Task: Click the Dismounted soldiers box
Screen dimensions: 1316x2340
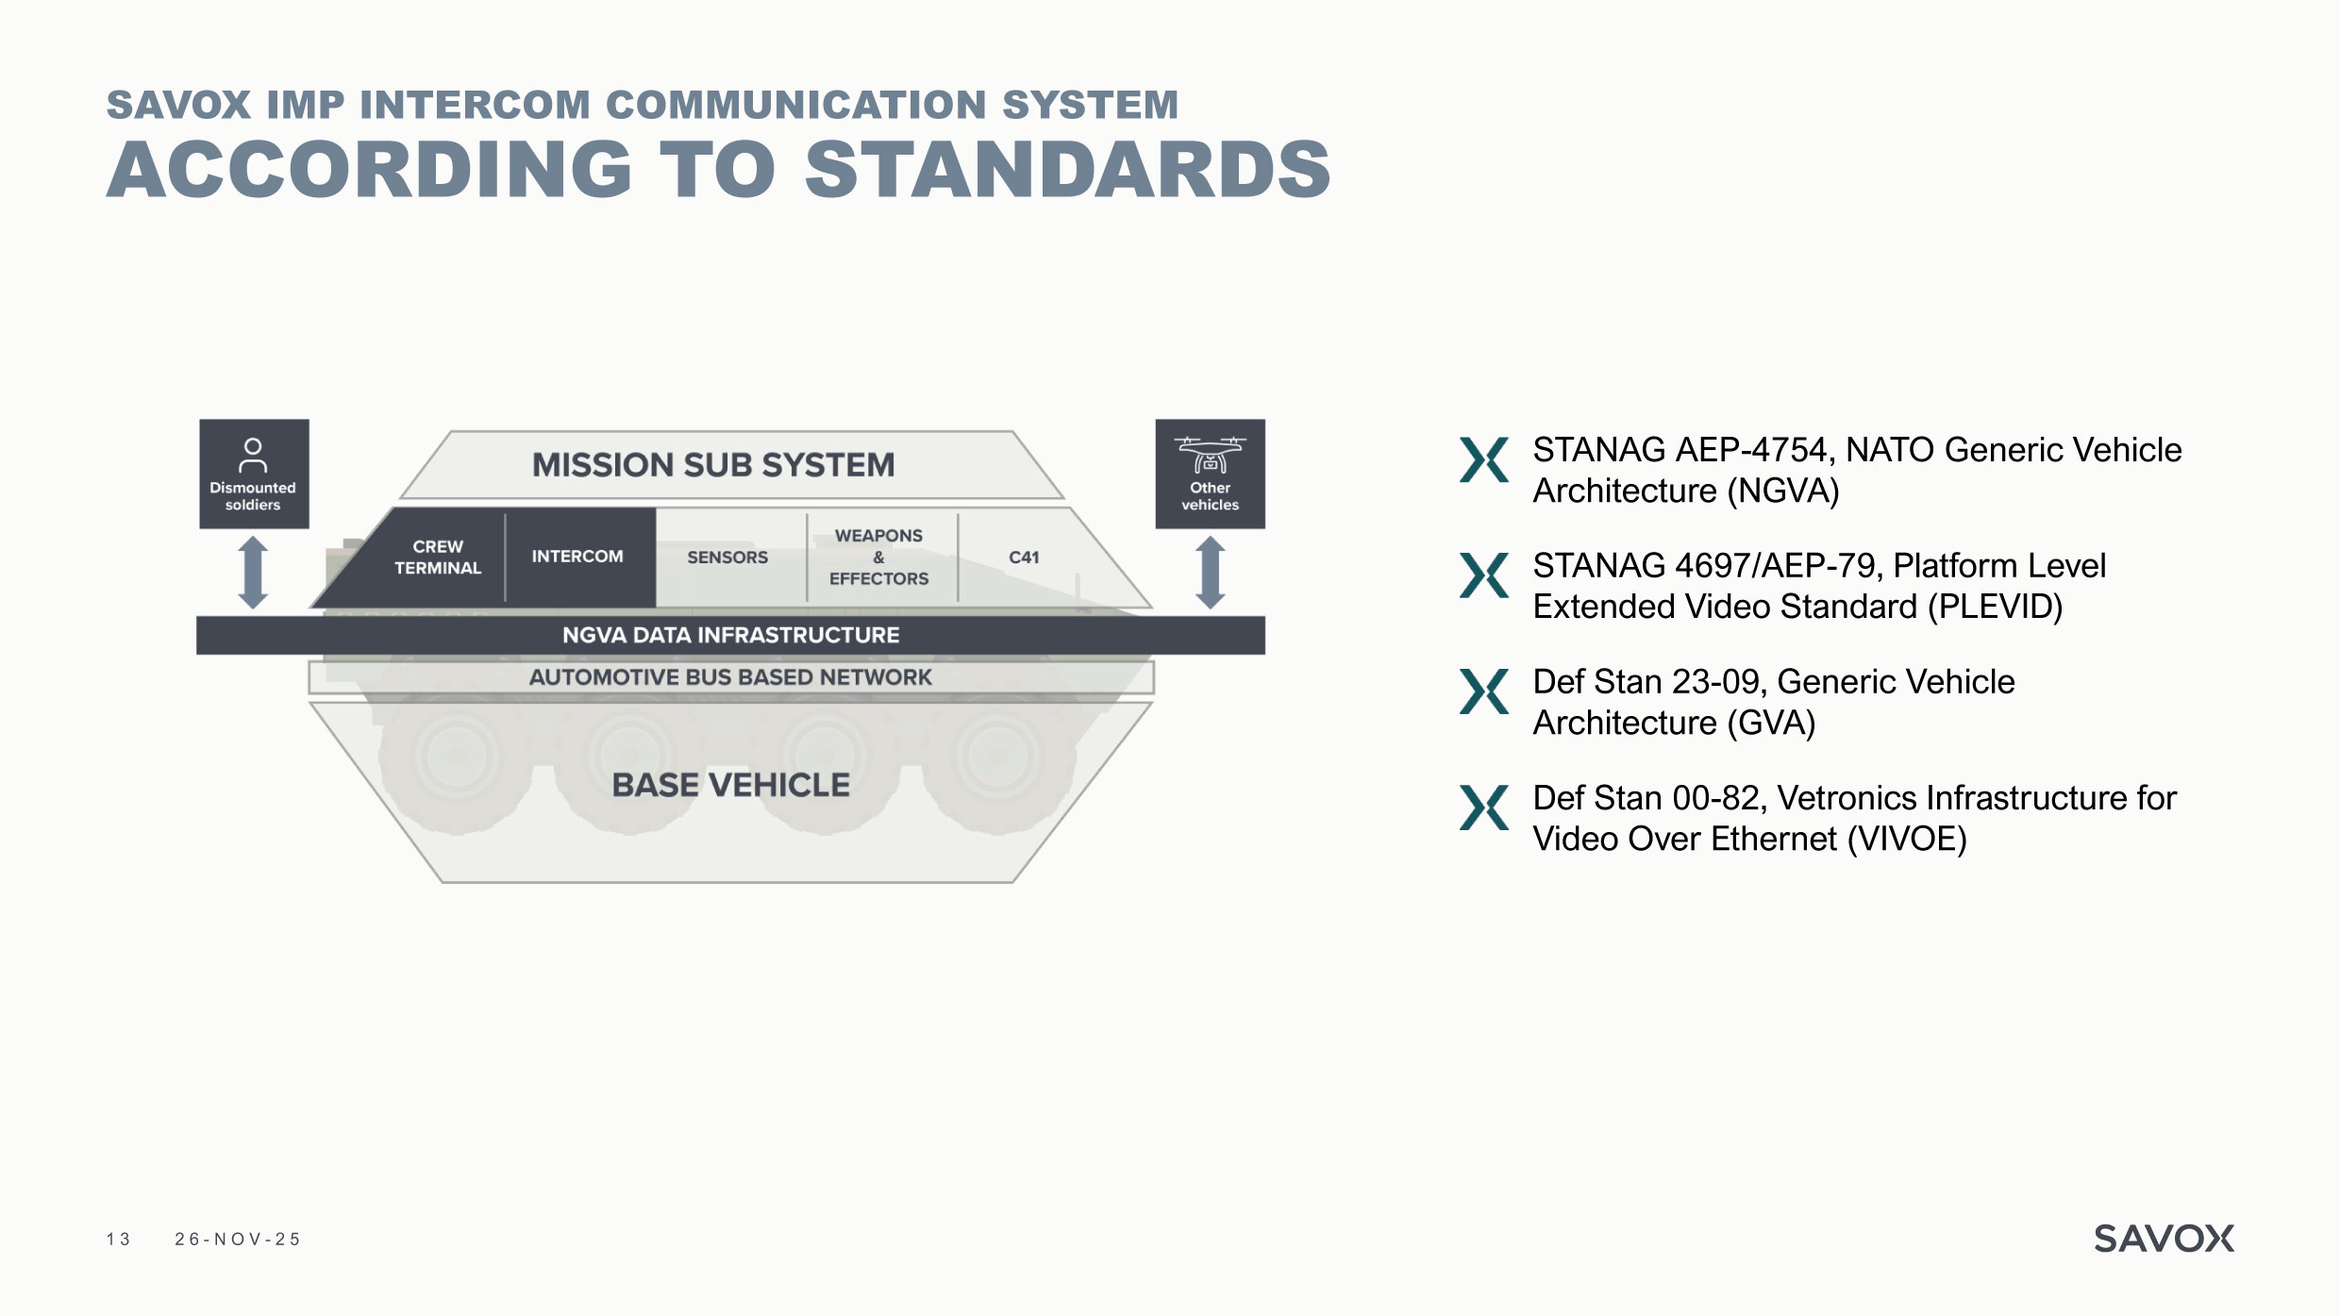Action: [254, 474]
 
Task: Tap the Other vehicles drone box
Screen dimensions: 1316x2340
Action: [1210, 474]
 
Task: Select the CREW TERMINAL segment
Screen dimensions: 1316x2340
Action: [438, 558]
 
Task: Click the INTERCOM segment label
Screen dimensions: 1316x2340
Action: [577, 557]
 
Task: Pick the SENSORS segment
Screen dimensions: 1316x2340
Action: [727, 558]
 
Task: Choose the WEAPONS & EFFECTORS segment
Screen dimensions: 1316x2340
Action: [878, 558]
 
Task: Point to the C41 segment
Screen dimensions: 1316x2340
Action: [1024, 558]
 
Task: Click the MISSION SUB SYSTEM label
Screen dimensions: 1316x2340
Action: [713, 465]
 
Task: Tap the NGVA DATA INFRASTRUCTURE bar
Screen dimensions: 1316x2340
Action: [730, 635]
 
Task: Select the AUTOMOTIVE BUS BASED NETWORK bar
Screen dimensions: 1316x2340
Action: [730, 677]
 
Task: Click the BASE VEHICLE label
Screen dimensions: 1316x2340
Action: [730, 785]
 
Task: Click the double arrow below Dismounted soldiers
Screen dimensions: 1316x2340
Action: [253, 573]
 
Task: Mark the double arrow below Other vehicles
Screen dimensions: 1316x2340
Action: [1210, 573]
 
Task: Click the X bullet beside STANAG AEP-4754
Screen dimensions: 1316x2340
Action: [1483, 459]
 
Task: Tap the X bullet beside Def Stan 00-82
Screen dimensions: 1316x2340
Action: [1483, 808]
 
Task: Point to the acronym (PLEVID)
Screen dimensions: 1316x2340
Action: [1995, 607]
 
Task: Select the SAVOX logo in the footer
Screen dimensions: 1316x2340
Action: [2164, 1239]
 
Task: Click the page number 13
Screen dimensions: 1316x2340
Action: [118, 1240]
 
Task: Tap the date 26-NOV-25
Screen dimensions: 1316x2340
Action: [237, 1240]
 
